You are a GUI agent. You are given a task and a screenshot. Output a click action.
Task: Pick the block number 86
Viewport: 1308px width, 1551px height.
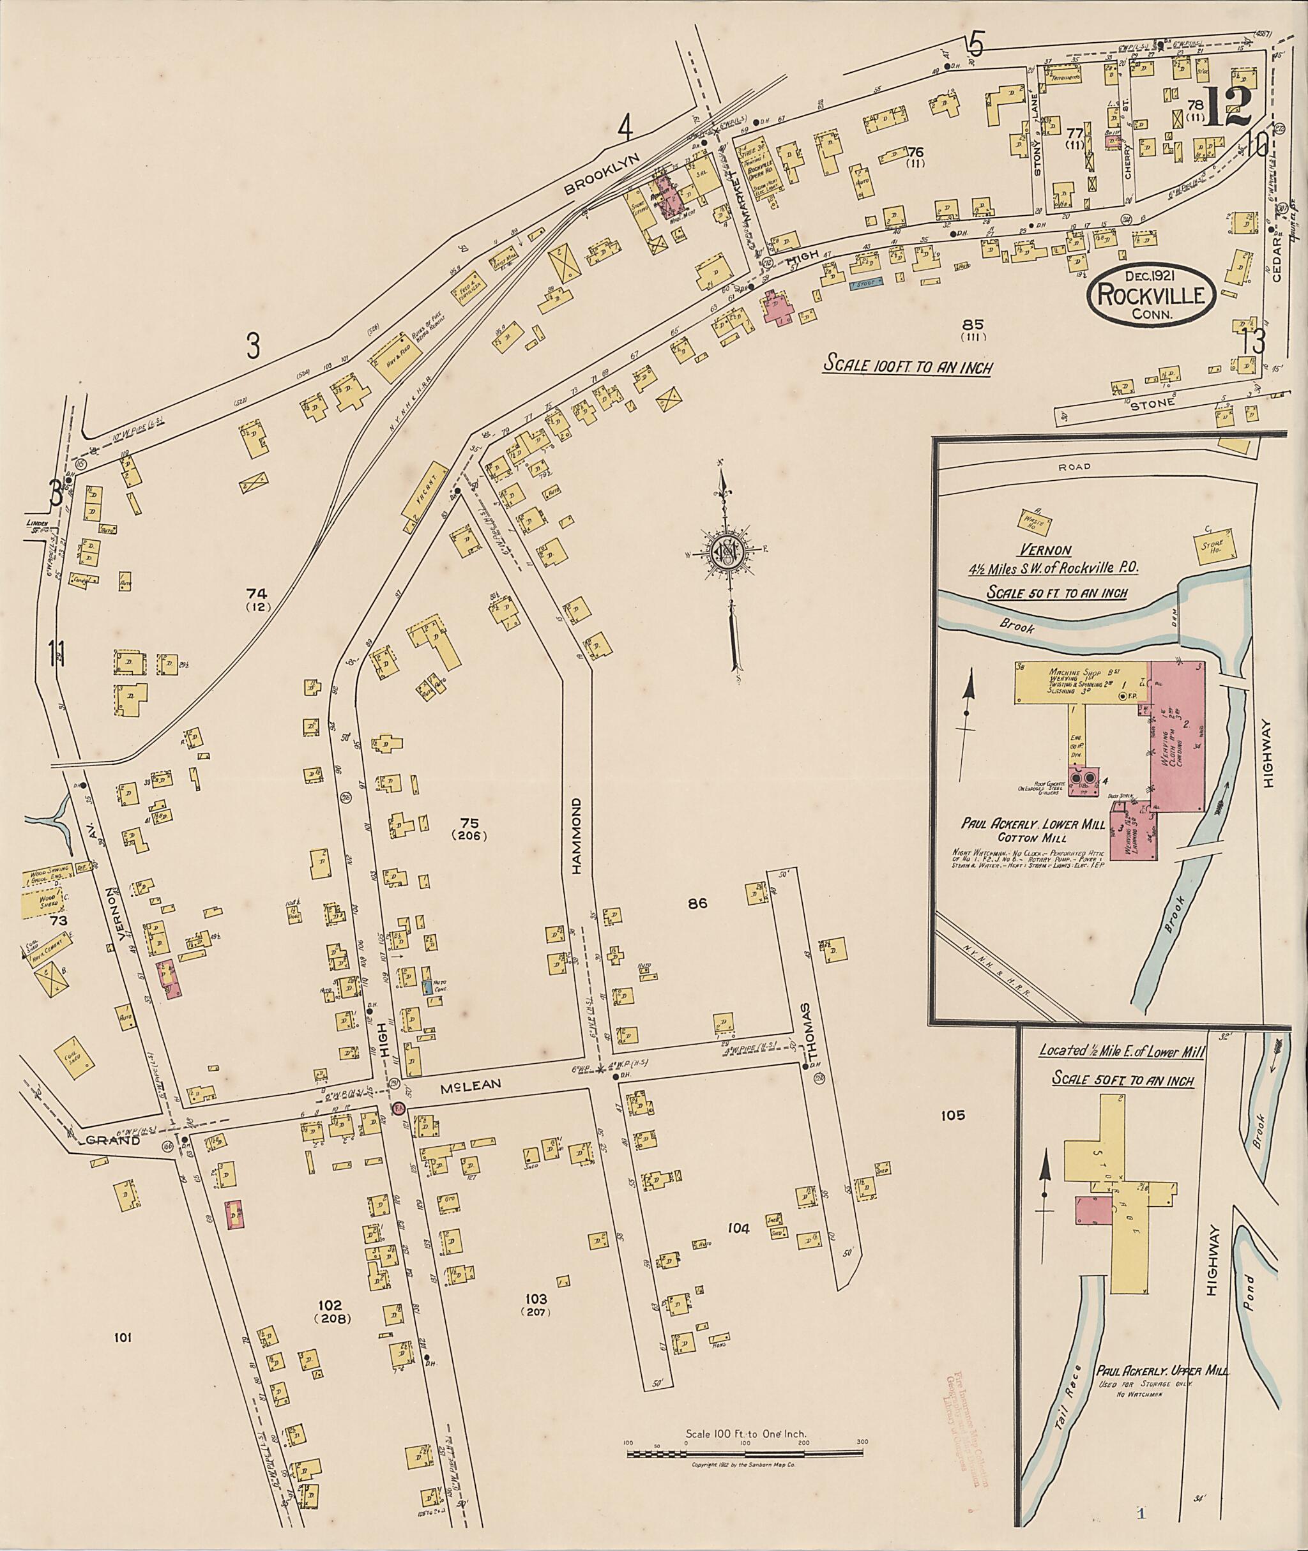tap(697, 903)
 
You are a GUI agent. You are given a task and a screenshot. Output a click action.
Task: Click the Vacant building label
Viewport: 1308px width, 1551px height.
tap(427, 497)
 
